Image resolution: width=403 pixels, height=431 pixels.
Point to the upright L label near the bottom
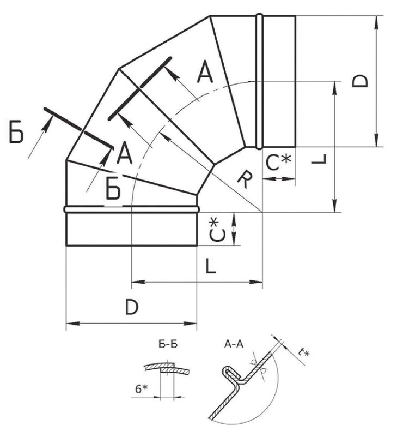(x=212, y=265)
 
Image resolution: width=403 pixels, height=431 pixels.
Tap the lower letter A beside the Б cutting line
(x=125, y=153)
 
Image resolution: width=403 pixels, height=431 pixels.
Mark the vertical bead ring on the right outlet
(x=260, y=81)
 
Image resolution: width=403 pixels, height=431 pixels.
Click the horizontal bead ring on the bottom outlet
(x=131, y=209)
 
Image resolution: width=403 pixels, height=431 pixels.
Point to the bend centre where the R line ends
(x=262, y=212)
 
